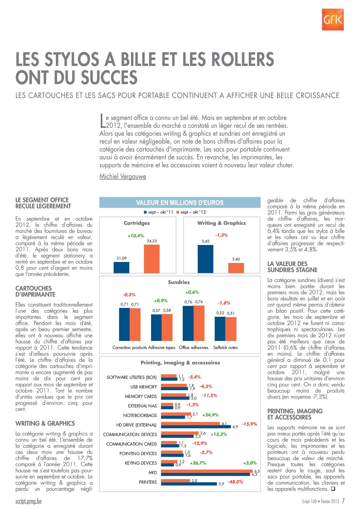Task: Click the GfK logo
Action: [332, 19]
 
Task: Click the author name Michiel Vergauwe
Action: [122, 176]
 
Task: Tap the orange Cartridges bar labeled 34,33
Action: [151, 259]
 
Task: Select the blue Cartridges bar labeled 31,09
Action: [121, 267]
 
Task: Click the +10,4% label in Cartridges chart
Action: [136, 235]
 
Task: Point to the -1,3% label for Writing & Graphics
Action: [222, 235]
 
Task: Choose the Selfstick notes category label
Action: [226, 347]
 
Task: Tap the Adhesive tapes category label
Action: [162, 347]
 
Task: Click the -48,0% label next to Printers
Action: [235, 482]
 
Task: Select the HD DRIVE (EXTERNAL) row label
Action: [136, 425]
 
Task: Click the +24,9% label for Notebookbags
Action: [210, 415]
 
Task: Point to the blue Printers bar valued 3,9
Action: [189, 483]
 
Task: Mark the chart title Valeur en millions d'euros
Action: [180, 203]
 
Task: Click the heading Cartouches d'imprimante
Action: [35, 292]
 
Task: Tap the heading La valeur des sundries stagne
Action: [292, 267]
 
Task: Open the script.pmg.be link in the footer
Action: [29, 501]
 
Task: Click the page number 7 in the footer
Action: [343, 501]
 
